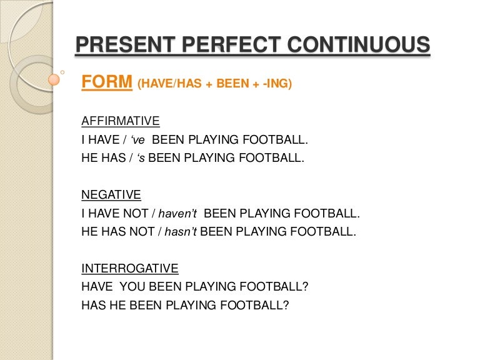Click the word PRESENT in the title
point(125,44)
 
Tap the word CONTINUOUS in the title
point(359,44)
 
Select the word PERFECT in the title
point(231,44)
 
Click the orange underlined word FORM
point(107,82)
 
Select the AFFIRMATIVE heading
point(121,121)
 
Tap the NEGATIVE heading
point(111,195)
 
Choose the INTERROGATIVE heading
point(130,269)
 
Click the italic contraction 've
point(137,140)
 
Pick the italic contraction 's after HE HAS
point(141,158)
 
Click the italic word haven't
point(177,213)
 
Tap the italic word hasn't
point(181,232)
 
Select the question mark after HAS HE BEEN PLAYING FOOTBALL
point(286,305)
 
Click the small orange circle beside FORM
point(54,79)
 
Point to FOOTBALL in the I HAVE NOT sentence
point(327,213)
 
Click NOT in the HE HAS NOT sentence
point(142,231)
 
